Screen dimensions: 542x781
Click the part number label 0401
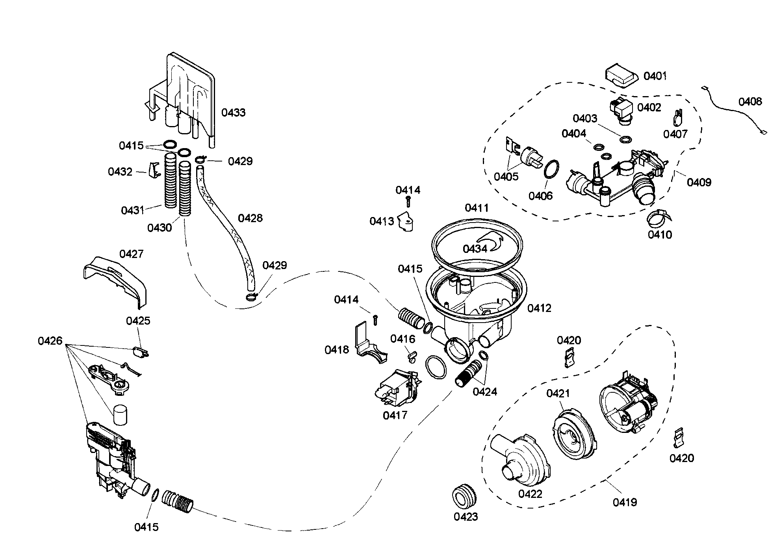[655, 76]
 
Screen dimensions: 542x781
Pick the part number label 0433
[233, 113]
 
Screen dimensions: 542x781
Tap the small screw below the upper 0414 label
[408, 202]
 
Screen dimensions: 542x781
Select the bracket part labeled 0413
[406, 222]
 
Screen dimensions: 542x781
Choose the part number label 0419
[625, 502]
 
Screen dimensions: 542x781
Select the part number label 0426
[50, 341]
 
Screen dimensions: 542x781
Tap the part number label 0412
[539, 308]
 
